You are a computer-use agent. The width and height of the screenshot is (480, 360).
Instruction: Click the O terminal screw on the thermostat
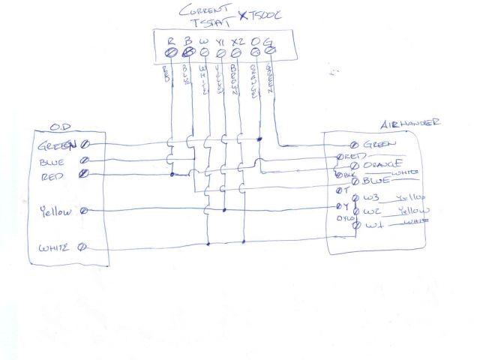click(253, 52)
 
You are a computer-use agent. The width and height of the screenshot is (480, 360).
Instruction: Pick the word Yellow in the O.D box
click(55, 211)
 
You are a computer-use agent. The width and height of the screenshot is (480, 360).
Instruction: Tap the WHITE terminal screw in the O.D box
click(84, 247)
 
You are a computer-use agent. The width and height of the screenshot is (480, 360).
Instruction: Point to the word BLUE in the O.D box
click(52, 160)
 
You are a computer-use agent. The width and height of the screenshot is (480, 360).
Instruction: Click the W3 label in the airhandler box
click(372, 199)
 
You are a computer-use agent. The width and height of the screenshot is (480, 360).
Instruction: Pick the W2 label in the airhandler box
click(372, 212)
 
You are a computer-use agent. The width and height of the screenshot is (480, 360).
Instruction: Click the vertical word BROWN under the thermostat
click(235, 80)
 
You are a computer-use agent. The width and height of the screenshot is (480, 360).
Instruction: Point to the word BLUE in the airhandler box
click(376, 181)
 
